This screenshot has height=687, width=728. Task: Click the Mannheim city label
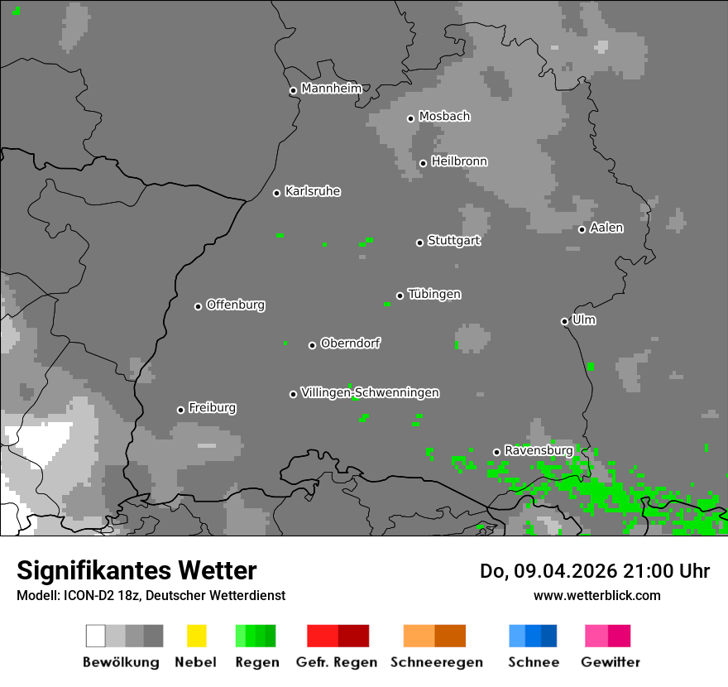(x=332, y=89)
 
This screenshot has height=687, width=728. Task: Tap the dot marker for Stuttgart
(x=419, y=243)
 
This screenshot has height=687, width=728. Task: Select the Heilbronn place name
(x=459, y=161)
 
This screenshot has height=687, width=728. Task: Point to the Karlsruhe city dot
(x=277, y=193)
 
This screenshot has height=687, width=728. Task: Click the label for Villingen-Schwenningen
(x=370, y=392)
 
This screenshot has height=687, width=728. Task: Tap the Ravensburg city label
(x=539, y=450)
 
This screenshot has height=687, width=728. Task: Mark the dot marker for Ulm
(x=564, y=321)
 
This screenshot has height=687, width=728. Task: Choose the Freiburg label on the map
(x=212, y=408)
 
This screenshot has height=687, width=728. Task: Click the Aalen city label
(x=606, y=228)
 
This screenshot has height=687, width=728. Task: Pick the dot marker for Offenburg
(x=198, y=306)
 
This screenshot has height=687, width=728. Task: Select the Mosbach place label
(x=444, y=117)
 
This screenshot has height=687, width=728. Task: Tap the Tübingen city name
(x=434, y=294)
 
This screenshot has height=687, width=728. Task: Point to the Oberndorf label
(x=350, y=343)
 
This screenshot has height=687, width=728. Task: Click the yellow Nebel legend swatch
(x=196, y=636)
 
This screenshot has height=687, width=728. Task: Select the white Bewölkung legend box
(x=96, y=636)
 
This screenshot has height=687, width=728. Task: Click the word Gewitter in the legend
(x=611, y=662)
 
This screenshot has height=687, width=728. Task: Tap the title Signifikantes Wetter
(x=136, y=571)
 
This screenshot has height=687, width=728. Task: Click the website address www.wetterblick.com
(x=596, y=595)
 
